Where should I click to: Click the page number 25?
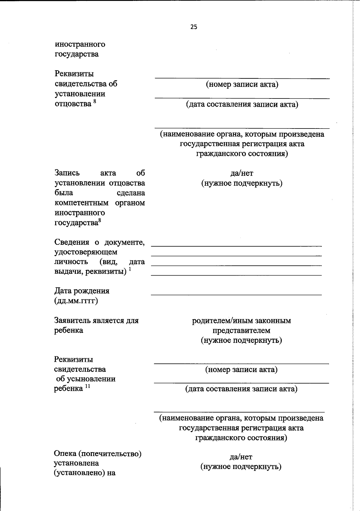pyautogui.click(x=194, y=27)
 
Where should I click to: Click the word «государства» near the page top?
pyautogui.click(x=76, y=54)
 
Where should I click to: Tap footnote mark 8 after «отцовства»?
pyautogui.click(x=95, y=102)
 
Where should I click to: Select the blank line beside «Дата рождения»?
pyautogui.click(x=236, y=295)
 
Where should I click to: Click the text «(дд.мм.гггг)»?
pyautogui.click(x=76, y=301)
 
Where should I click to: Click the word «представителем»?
pyautogui.click(x=241, y=331)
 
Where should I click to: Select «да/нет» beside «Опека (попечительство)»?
pyautogui.click(x=241, y=457)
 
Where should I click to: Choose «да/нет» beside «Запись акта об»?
pyautogui.click(x=241, y=173)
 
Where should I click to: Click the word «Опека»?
pyautogui.click(x=65, y=453)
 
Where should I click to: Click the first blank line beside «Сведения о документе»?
pyautogui.click(x=236, y=246)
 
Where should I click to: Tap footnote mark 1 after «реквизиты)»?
pyautogui.click(x=130, y=269)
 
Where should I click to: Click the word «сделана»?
pyautogui.click(x=131, y=193)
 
